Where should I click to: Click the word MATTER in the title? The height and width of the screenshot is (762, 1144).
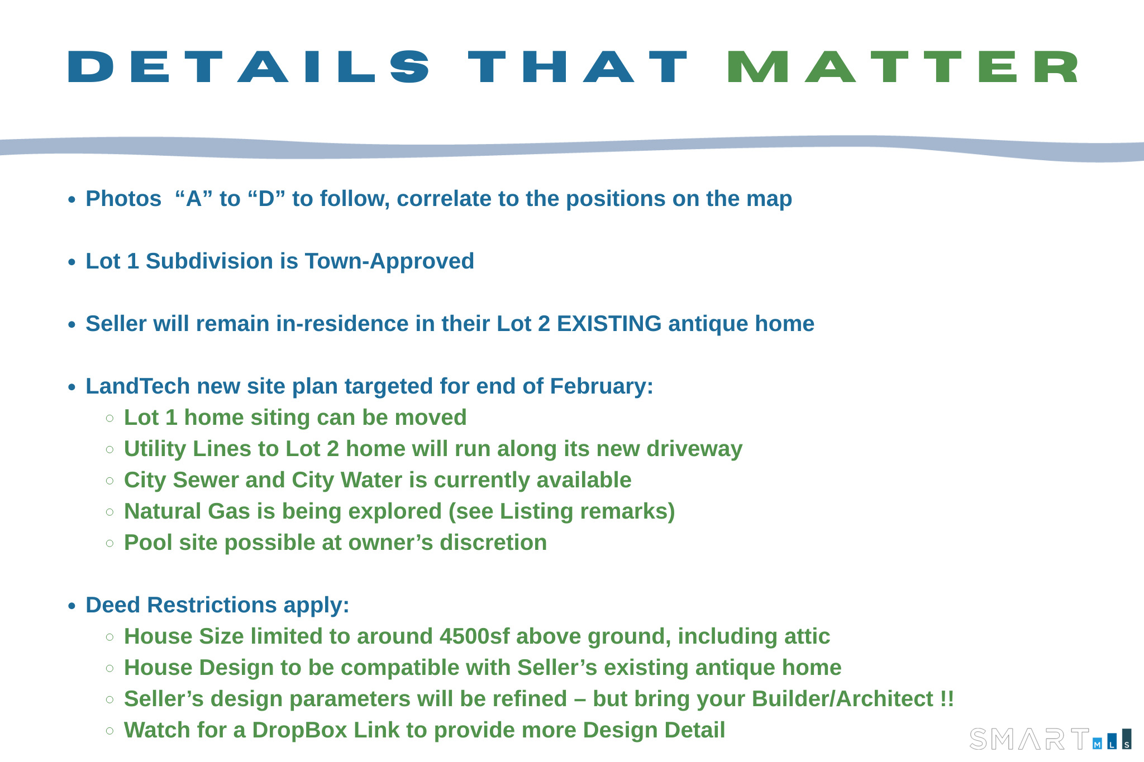(x=903, y=67)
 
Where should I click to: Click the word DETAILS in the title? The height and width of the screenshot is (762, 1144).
(x=249, y=67)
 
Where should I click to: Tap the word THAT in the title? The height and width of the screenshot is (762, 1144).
(x=578, y=67)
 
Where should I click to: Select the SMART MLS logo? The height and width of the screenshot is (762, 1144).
(x=1051, y=739)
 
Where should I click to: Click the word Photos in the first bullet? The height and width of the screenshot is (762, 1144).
(x=123, y=199)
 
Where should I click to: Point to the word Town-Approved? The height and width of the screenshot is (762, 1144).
(x=389, y=261)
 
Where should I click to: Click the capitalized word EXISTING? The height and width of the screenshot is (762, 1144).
(x=609, y=324)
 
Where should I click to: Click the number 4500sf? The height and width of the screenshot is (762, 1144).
(x=475, y=636)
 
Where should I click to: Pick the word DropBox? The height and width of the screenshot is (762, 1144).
(x=300, y=730)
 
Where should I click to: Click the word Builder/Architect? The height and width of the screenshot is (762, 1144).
(x=843, y=699)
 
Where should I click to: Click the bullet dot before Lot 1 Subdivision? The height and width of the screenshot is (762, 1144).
(x=71, y=262)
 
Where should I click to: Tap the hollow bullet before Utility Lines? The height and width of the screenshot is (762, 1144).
(x=110, y=449)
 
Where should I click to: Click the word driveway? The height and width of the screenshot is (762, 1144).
(x=694, y=449)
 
